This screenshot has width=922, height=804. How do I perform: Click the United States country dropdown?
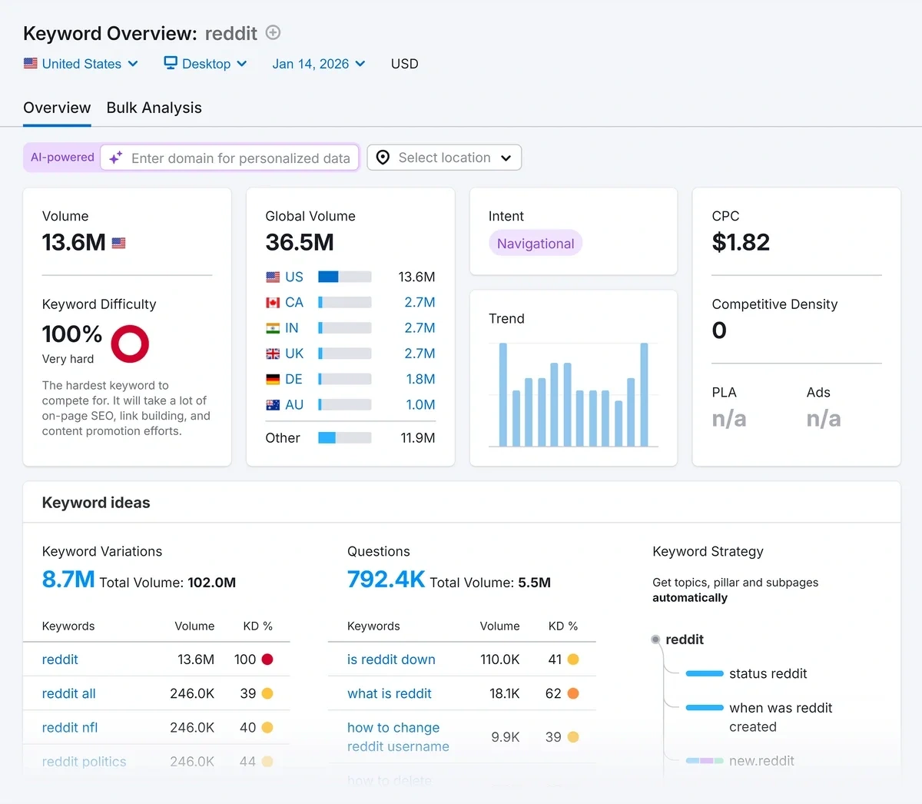[x=81, y=64]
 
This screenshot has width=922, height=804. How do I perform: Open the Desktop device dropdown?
[x=205, y=64]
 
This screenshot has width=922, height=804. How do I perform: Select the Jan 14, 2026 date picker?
[x=318, y=64]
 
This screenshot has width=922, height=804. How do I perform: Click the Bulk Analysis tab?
[x=154, y=108]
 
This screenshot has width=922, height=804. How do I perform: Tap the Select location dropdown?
[x=444, y=158]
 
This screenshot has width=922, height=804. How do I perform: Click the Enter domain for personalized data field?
[x=240, y=158]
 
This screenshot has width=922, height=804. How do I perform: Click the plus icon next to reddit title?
[x=273, y=32]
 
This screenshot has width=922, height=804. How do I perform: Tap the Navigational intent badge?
[x=536, y=244]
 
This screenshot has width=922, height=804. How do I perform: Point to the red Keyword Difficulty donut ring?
[x=130, y=344]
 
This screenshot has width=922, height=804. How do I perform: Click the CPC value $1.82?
[x=741, y=242]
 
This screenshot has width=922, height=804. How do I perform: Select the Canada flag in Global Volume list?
[x=273, y=303]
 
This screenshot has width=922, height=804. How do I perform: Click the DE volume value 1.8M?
[x=420, y=379]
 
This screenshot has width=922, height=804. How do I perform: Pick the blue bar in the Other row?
[x=327, y=438]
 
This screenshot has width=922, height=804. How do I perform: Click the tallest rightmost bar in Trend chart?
[x=644, y=394]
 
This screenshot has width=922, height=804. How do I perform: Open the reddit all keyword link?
[x=69, y=693]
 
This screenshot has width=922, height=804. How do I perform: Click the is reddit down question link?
[x=391, y=659]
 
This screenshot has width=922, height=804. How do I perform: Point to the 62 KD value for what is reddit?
[x=553, y=693]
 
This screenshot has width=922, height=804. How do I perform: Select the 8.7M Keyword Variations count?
[x=68, y=580]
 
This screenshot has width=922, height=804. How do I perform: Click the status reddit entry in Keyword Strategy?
[x=768, y=673]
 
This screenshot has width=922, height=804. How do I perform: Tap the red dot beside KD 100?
[x=267, y=659]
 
